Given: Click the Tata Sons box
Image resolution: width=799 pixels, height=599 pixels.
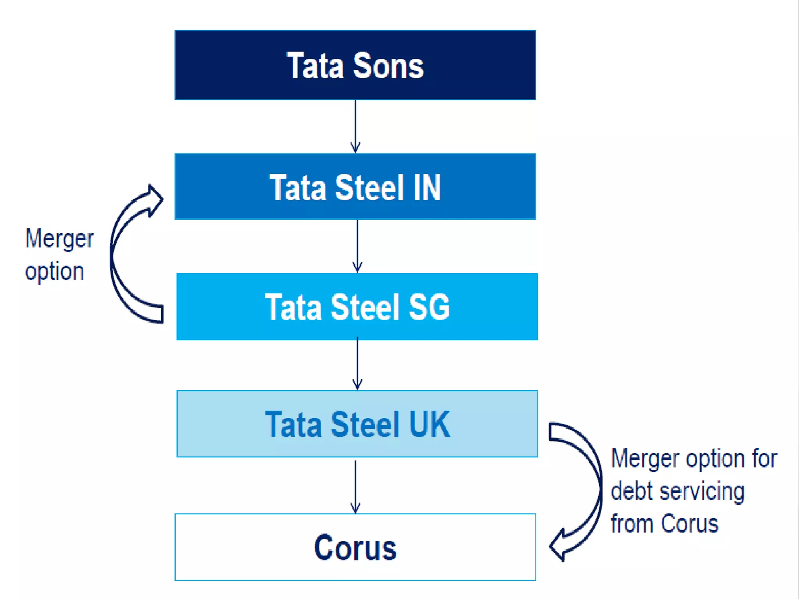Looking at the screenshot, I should [355, 65].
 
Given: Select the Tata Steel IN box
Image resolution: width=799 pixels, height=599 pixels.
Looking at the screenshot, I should [355, 186].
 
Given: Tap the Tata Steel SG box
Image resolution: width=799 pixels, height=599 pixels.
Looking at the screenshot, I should [357, 307].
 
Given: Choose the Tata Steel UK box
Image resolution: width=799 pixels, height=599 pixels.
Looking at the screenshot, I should [357, 424].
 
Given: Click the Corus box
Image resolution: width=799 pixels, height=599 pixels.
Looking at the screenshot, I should [355, 547].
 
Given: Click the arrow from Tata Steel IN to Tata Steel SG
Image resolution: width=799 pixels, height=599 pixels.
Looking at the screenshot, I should [357, 246].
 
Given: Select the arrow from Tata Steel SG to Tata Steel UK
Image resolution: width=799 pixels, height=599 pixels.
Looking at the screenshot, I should [357, 364].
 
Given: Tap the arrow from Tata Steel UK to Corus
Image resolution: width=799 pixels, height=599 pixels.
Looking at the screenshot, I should [355, 486].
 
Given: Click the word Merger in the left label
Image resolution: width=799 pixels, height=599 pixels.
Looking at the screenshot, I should [59, 239].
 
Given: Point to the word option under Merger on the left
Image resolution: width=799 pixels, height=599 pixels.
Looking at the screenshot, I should [54, 271].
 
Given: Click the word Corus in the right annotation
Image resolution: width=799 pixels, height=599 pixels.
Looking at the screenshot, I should [689, 523].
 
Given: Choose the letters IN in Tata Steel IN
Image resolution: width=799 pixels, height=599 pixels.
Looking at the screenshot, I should [427, 188].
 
